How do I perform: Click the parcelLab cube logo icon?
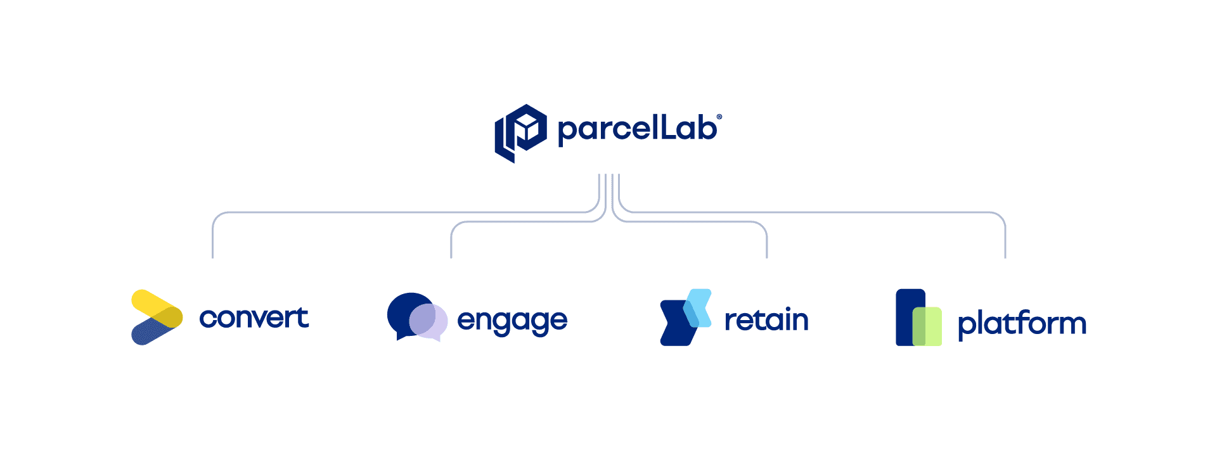tap(520, 132)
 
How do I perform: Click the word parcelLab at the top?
tap(637, 129)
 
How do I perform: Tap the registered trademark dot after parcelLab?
tap(719, 117)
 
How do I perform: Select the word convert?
tap(254, 318)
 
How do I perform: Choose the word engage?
tap(512, 321)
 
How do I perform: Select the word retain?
tap(766, 320)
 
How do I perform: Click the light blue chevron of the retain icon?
tap(700, 304)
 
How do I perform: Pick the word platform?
tap(1022, 323)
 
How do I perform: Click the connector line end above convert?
tap(212, 256)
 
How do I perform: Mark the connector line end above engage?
tap(451, 256)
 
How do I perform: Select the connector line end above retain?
tap(767, 256)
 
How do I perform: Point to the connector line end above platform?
tap(1005, 256)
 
